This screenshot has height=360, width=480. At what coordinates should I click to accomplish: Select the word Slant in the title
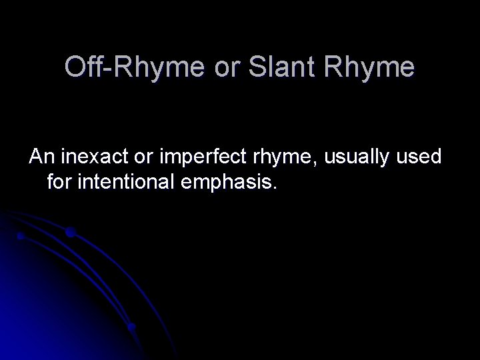[270, 68]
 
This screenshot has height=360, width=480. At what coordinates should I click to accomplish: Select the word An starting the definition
[41, 157]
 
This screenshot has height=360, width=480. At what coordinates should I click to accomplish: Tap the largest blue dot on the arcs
[70, 233]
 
